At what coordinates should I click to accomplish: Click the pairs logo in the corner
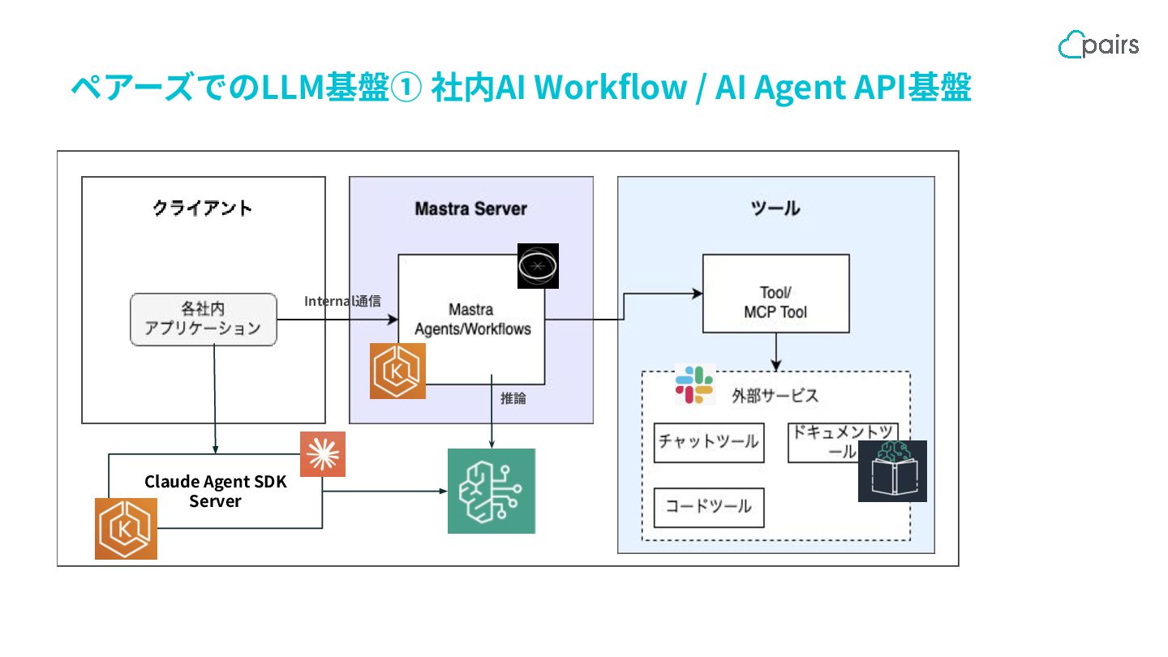click(x=1098, y=45)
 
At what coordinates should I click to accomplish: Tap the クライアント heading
click(x=203, y=208)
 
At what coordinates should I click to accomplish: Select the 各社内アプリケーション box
click(x=203, y=320)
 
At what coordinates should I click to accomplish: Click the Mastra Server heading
click(x=470, y=208)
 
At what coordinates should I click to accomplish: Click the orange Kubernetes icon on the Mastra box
click(x=397, y=371)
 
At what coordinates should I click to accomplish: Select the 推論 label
click(x=513, y=398)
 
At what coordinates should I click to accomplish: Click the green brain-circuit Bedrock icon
click(x=492, y=491)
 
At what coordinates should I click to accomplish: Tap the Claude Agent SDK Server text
click(x=216, y=491)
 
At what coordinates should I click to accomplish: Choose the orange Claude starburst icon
click(x=322, y=454)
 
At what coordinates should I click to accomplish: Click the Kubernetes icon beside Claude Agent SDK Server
click(x=126, y=529)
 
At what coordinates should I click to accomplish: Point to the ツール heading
click(x=775, y=208)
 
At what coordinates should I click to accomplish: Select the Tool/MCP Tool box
click(x=775, y=293)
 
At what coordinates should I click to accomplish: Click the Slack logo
click(x=694, y=384)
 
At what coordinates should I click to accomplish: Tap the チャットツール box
click(x=708, y=442)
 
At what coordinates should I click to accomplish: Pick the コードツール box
click(x=708, y=507)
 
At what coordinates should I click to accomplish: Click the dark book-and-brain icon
click(x=892, y=471)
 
